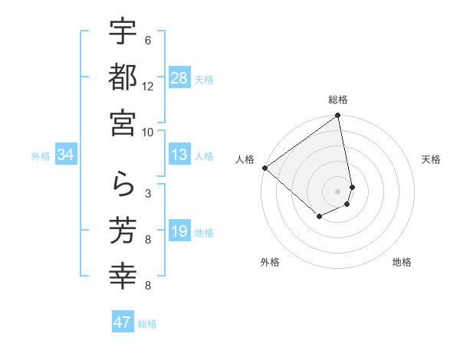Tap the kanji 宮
pyautogui.click(x=123, y=122)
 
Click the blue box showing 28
pyautogui.click(x=179, y=78)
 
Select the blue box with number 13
pyautogui.click(x=179, y=155)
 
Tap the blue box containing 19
pyautogui.click(x=179, y=232)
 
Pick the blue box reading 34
pyautogui.click(x=66, y=155)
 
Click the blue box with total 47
pyautogui.click(x=123, y=322)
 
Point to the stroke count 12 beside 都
pyautogui.click(x=148, y=86)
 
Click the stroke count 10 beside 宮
pyautogui.click(x=148, y=132)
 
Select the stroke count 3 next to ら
pyautogui.click(x=148, y=194)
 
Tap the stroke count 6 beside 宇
pyautogui.click(x=148, y=41)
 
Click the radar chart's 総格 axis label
pyautogui.click(x=338, y=100)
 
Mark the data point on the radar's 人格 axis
pyautogui.click(x=264, y=168)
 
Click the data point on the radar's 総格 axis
pyautogui.click(x=337, y=116)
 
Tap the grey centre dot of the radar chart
pyautogui.click(x=337, y=191)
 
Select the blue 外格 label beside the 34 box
pyautogui.click(x=41, y=156)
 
